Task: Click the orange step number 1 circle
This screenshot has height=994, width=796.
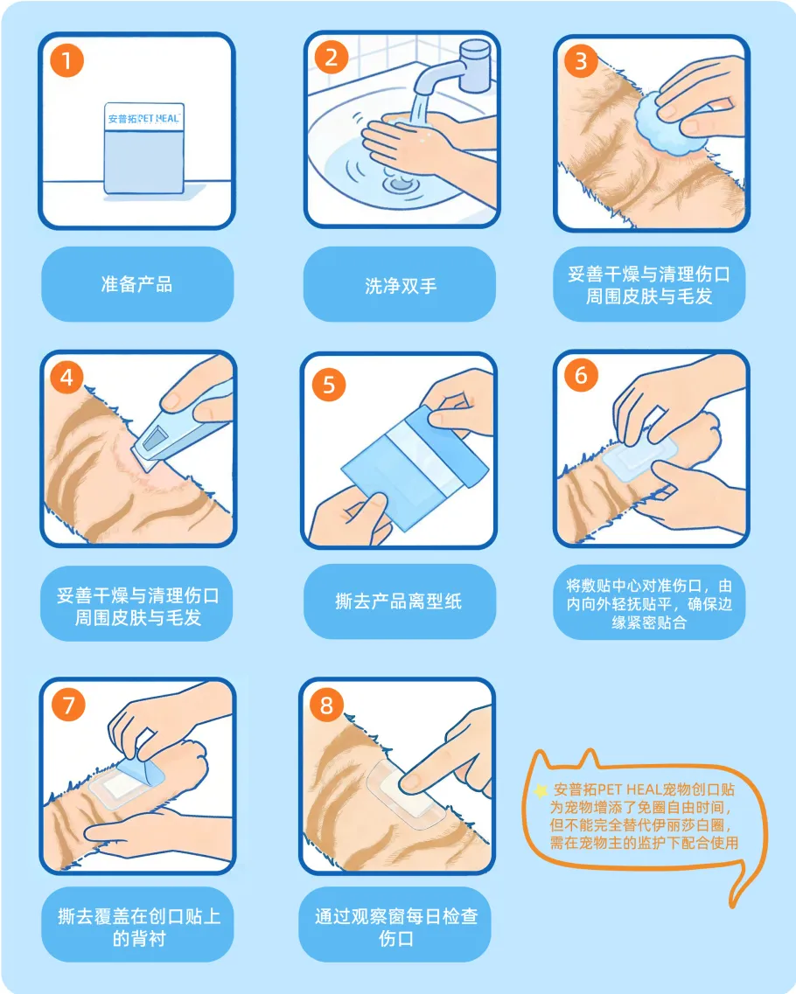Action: (x=66, y=61)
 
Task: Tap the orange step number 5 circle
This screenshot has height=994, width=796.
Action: (x=329, y=384)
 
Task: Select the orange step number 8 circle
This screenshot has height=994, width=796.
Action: (x=326, y=705)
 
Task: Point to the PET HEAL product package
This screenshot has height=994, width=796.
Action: (x=144, y=148)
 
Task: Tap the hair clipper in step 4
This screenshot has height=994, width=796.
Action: (x=181, y=421)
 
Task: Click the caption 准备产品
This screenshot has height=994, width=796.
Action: (x=137, y=284)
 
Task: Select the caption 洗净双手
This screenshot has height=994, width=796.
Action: (x=401, y=286)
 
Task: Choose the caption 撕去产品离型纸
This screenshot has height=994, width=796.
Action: (x=398, y=601)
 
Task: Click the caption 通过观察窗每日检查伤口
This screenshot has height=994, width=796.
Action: (x=396, y=927)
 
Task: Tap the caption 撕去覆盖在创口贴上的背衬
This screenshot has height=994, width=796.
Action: (x=139, y=927)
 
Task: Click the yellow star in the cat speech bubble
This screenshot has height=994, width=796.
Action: (x=541, y=790)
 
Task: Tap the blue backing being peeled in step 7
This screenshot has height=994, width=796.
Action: (x=141, y=774)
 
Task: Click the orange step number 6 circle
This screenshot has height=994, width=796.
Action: (x=581, y=375)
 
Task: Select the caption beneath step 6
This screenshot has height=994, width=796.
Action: (x=649, y=603)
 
